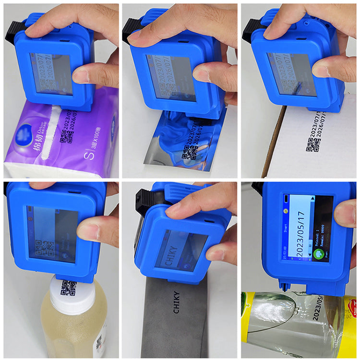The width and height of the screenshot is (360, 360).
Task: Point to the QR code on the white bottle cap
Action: point(68,287)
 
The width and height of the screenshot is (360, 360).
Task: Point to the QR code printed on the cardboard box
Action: point(314,144)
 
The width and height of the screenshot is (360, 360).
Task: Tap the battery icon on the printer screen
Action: point(287,199)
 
